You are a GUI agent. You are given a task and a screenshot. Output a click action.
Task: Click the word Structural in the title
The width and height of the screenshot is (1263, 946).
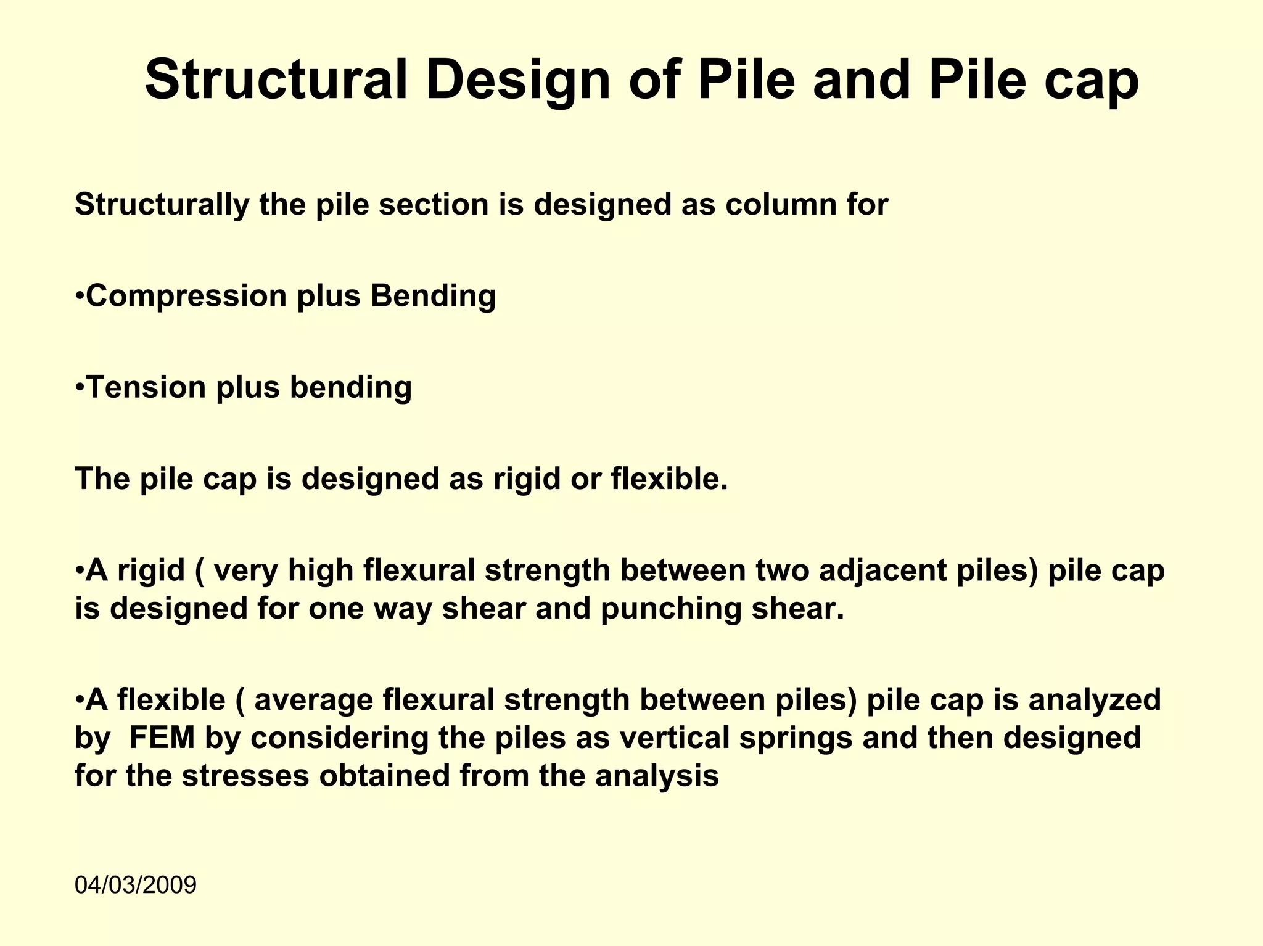276,80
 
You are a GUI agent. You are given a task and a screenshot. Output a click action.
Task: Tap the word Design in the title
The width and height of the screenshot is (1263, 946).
518,81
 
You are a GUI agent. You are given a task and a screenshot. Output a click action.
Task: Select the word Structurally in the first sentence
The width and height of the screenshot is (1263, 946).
162,205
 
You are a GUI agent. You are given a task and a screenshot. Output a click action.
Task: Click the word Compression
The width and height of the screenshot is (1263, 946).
186,297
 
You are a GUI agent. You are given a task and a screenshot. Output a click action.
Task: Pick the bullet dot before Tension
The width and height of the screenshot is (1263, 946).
80,388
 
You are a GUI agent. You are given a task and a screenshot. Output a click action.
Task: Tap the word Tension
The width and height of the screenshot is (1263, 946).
146,387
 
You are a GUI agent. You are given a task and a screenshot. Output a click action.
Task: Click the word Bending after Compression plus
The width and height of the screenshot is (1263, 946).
433,297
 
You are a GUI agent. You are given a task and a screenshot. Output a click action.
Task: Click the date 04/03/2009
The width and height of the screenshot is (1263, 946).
136,885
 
